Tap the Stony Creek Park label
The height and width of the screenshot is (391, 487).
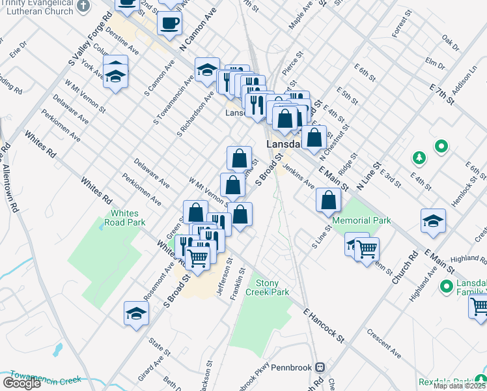272,287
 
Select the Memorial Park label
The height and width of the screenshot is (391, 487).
362,220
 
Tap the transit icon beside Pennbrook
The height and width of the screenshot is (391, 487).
320,367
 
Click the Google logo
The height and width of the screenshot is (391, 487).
21,383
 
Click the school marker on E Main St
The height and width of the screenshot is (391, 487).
433,220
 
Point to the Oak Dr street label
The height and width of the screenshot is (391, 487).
451,43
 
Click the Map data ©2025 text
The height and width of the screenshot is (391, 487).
459,386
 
